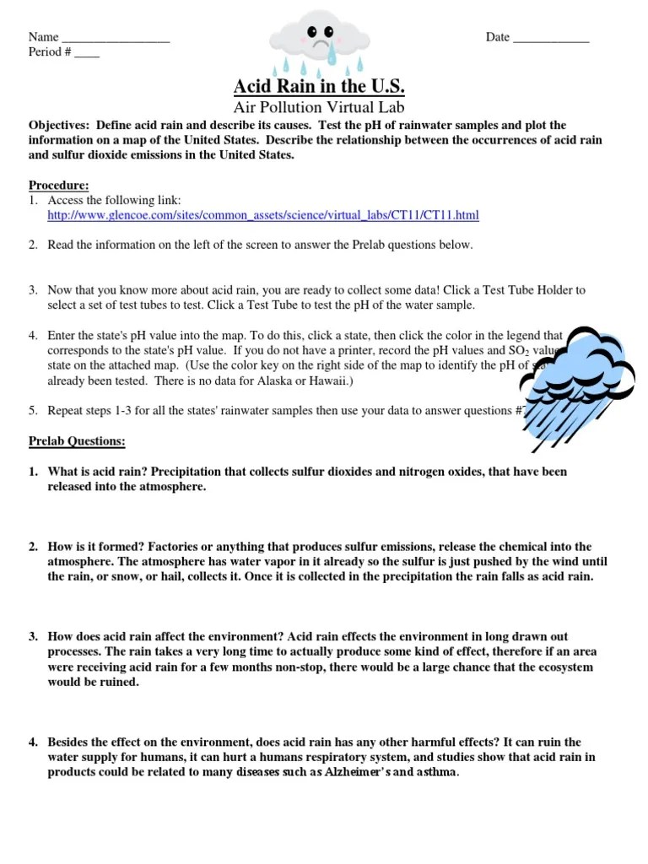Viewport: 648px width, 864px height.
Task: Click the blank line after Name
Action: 116,39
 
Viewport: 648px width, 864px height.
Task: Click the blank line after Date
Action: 551,39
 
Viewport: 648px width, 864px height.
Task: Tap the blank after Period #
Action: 87,53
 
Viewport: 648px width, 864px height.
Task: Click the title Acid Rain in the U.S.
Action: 319,87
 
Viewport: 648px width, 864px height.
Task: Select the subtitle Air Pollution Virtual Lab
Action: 319,107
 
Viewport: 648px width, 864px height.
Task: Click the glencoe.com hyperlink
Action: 263,215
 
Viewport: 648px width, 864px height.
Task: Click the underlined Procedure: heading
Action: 58,186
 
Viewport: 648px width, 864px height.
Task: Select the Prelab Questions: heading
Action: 77,440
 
